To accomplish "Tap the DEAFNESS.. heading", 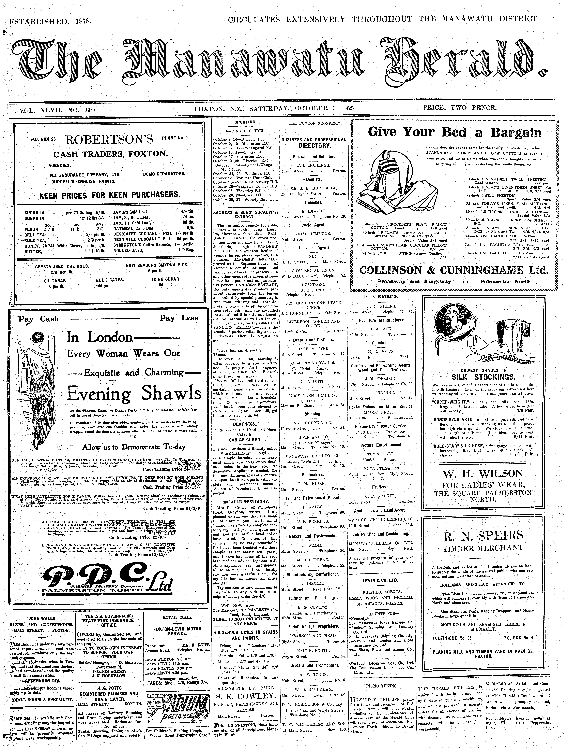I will pos(245,424).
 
